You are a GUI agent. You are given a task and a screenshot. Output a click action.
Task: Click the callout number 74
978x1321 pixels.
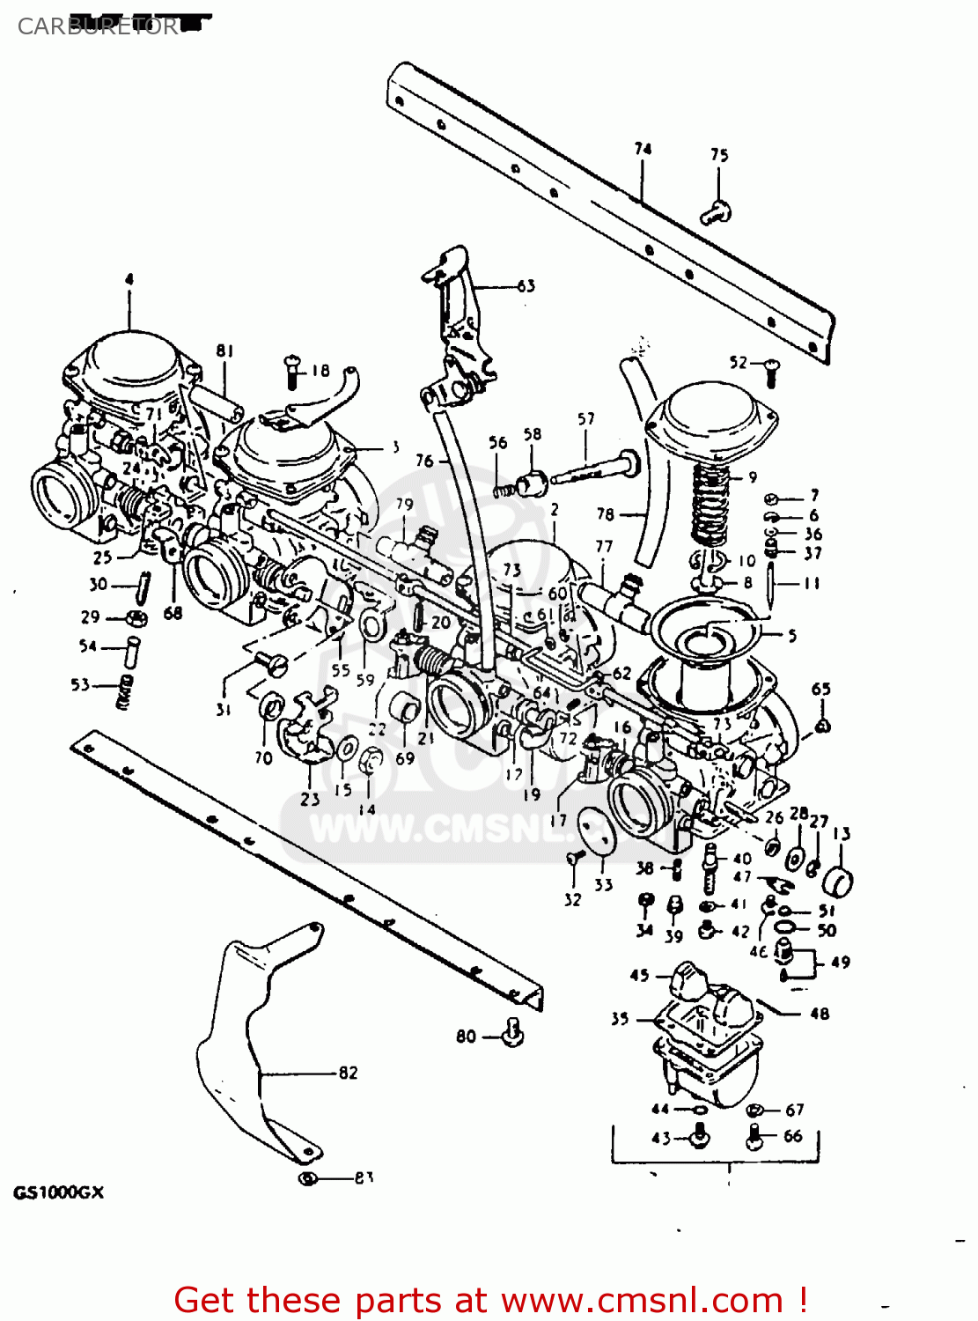point(643,149)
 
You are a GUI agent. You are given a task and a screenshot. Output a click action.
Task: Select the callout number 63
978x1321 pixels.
point(526,285)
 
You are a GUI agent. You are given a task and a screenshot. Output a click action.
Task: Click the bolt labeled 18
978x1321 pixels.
point(292,372)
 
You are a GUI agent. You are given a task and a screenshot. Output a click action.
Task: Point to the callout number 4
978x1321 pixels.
point(129,279)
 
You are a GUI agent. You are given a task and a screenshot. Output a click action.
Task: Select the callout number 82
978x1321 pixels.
point(348,1072)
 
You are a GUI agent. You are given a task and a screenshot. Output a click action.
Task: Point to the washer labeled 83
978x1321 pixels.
point(307,1178)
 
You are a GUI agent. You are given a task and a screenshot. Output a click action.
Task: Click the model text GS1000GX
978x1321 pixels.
point(58,1192)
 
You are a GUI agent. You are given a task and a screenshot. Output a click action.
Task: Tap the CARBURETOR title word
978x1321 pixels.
point(97,26)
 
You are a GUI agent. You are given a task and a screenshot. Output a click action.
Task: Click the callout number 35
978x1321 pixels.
point(620,1018)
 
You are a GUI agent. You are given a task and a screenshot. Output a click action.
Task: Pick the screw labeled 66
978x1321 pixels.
point(754,1137)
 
